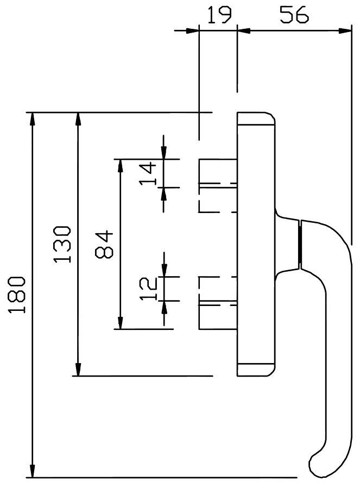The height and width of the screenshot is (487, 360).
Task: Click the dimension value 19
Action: tap(219, 15)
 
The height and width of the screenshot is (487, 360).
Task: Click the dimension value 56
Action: tap(294, 15)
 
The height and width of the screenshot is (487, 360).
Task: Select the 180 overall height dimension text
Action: tap(17, 295)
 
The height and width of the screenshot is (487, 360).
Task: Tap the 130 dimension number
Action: tap(62, 244)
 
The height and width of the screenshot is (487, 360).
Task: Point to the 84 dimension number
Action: tap(104, 244)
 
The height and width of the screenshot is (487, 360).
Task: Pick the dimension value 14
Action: tap(148, 173)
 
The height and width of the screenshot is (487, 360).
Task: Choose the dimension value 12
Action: tap(148, 289)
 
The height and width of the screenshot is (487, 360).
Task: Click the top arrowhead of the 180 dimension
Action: tap(32, 119)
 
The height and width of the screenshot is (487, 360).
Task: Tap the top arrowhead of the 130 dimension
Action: tap(78, 119)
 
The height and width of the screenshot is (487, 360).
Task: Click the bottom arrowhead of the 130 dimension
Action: tap(78, 369)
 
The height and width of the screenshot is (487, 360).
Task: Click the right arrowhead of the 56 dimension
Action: tap(345, 31)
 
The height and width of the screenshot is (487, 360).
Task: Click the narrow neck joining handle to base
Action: tap(300, 245)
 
